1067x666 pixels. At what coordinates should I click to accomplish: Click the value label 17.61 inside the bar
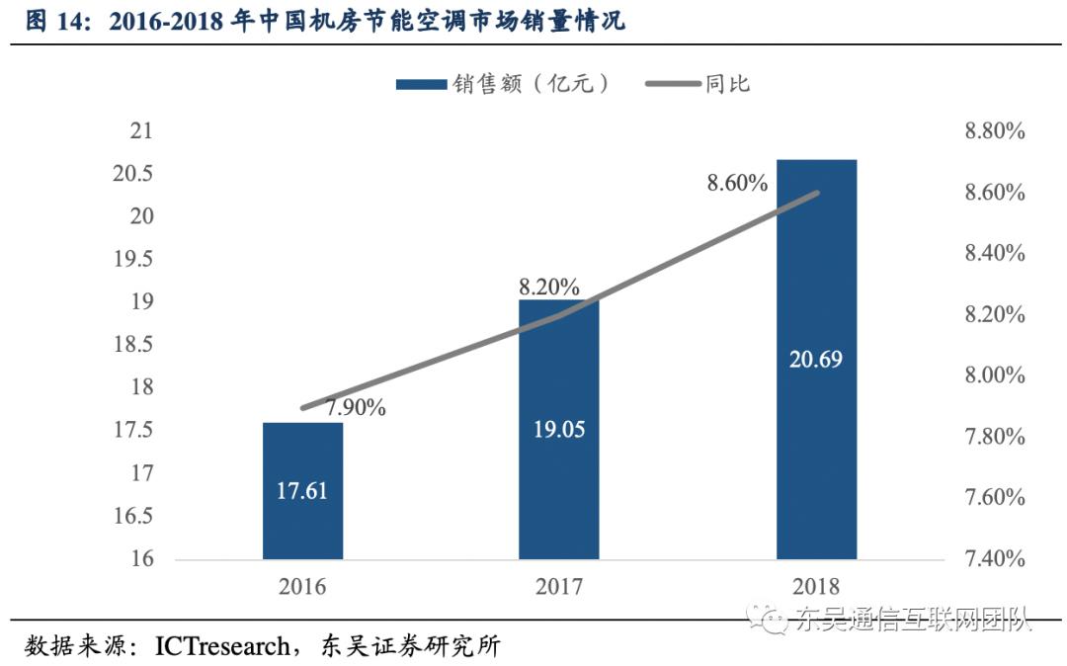pyautogui.click(x=302, y=491)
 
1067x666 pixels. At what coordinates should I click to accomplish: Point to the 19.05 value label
pyautogui.click(x=558, y=429)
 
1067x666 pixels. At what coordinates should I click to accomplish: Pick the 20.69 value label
pyautogui.click(x=816, y=360)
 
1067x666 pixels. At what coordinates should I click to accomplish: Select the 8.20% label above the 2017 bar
pyautogui.click(x=549, y=288)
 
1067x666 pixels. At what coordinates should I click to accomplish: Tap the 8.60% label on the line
pyautogui.click(x=736, y=183)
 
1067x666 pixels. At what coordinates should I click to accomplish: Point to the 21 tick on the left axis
pyautogui.click(x=143, y=131)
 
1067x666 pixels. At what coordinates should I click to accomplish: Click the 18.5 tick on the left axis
pyautogui.click(x=135, y=345)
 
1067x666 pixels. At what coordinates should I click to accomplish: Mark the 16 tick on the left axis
pyautogui.click(x=143, y=558)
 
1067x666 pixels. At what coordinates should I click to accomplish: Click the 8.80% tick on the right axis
pyautogui.click(x=995, y=131)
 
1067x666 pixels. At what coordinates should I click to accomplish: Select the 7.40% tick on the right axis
pyautogui.click(x=995, y=558)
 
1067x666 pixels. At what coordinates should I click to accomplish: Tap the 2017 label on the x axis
pyautogui.click(x=558, y=586)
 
